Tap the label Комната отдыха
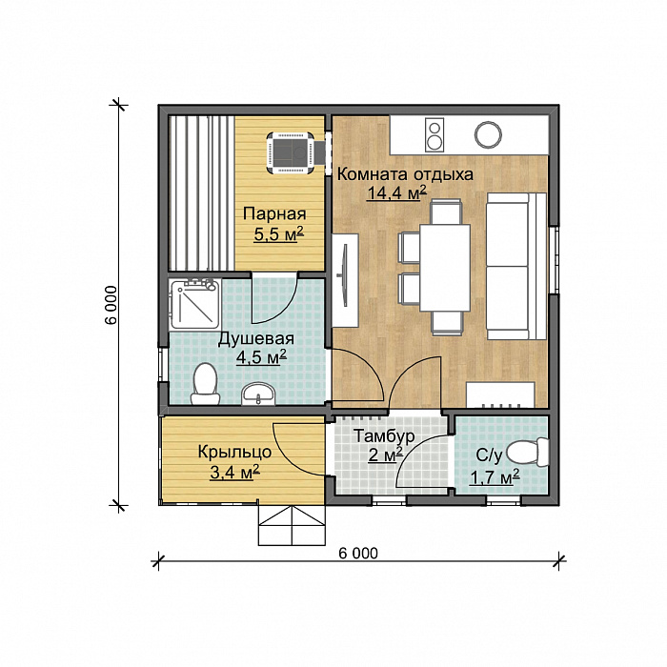coord(405,174)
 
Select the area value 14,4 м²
coord(397,193)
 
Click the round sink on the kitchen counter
coord(488,135)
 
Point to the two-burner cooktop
coord(435,135)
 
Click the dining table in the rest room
coord(445,268)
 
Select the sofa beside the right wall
coord(516,266)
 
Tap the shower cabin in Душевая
coord(194,304)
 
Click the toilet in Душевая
coord(205,384)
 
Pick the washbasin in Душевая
coord(258,394)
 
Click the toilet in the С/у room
coord(528,453)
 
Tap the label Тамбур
coord(384,436)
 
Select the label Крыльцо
coord(234,452)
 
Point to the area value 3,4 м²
coord(234,472)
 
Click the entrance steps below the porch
coord(292,525)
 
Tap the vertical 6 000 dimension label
coord(111,305)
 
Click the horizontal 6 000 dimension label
coord(358,553)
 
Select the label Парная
coord(274,214)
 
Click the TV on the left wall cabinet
coord(344,274)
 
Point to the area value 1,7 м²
coord(495,477)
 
